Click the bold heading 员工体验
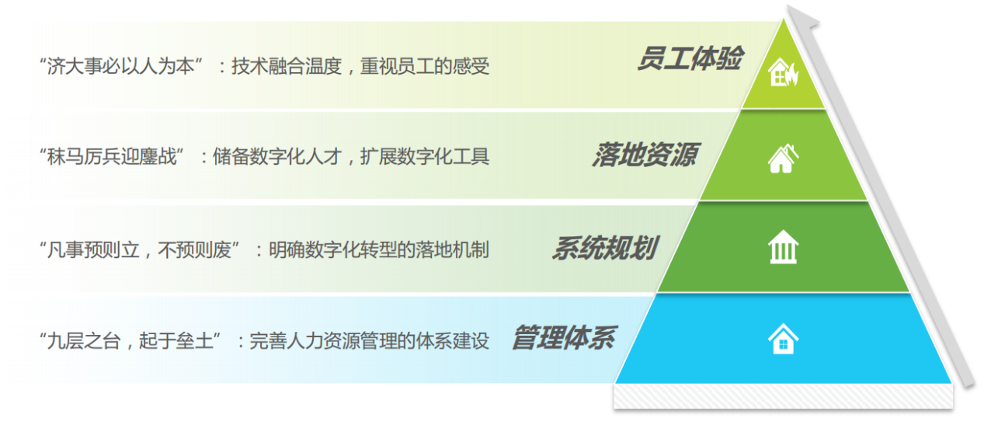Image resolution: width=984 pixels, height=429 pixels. pyautogui.click(x=690, y=58)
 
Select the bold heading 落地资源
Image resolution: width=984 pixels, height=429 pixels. pyautogui.click(x=645, y=155)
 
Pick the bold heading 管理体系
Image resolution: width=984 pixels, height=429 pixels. pyautogui.click(x=564, y=337)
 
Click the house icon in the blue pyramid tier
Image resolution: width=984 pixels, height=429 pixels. pyautogui.click(x=784, y=338)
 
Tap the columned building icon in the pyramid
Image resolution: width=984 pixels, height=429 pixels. pyautogui.click(x=784, y=247)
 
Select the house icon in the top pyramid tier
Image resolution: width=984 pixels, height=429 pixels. pyautogui.click(x=784, y=71)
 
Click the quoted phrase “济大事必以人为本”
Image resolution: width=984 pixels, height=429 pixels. pyautogui.click(x=121, y=66)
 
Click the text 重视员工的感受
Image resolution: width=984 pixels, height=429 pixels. pyautogui.click(x=425, y=66)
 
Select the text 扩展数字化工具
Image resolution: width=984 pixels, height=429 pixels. pyautogui.click(x=425, y=156)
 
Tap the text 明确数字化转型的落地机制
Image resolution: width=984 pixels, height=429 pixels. pyautogui.click(x=379, y=250)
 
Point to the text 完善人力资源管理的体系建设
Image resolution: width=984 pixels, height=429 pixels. pyautogui.click(x=370, y=340)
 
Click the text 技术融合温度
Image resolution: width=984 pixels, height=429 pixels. pyautogui.click(x=287, y=66)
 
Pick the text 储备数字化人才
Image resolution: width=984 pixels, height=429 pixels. pyautogui.click(x=277, y=156)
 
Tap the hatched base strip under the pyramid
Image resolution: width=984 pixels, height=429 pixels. pyautogui.click(x=784, y=396)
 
